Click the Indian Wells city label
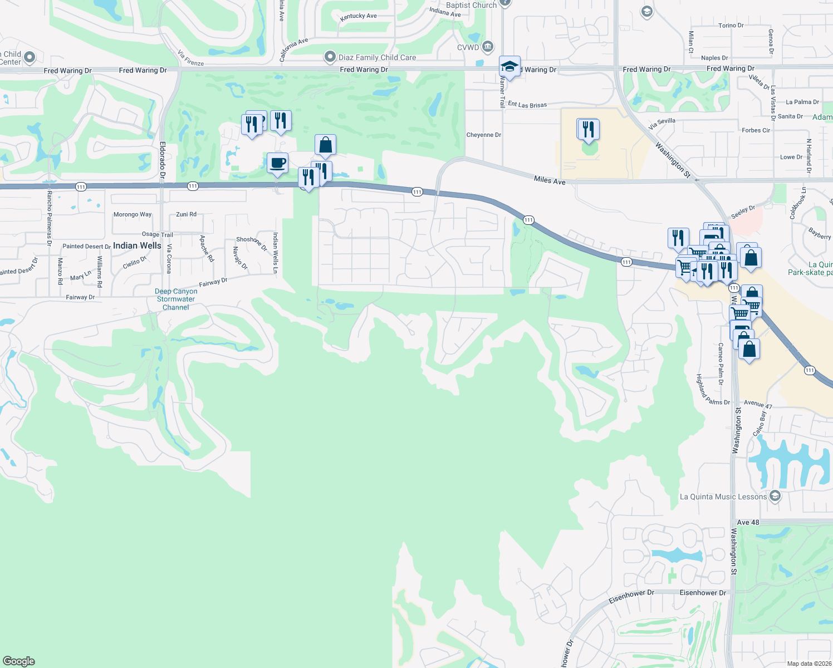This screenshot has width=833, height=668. (x=137, y=245)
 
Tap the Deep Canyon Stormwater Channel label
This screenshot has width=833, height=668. (x=176, y=299)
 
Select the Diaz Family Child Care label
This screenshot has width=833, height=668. (x=377, y=57)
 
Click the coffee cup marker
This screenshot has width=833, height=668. (x=277, y=163)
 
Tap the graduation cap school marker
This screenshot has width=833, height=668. (x=509, y=67)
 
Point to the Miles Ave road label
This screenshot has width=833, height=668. (x=550, y=180)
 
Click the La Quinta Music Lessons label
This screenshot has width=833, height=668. (x=723, y=497)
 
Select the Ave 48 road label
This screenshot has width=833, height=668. (x=748, y=522)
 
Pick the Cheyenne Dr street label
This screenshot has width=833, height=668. (x=483, y=135)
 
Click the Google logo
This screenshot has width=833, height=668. (x=19, y=661)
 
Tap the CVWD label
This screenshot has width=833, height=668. (x=468, y=47)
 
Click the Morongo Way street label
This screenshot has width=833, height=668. (x=133, y=214)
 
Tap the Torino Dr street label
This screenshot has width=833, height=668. (x=731, y=26)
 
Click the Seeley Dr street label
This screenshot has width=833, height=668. (x=743, y=212)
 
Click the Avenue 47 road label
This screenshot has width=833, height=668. (x=758, y=404)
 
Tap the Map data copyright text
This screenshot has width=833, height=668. (x=809, y=664)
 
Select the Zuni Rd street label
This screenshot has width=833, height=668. (x=186, y=214)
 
